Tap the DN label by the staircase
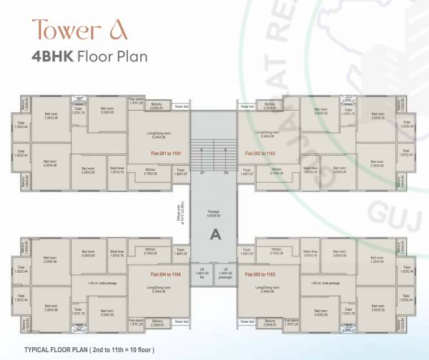pos(225,173)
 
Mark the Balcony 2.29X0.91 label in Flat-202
pos(270,107)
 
